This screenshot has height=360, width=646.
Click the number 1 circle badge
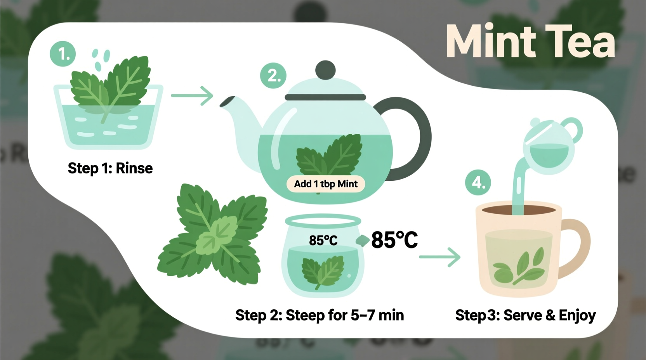point(63,54)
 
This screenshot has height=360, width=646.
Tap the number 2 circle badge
point(273,75)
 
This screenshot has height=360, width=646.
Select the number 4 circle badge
point(478,182)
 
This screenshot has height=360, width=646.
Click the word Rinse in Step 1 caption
point(134,168)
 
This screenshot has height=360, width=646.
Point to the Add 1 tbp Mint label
point(326,184)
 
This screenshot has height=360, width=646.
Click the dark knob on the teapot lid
point(325,70)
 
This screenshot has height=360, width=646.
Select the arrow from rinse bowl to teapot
point(192,95)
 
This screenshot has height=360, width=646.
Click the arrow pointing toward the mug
point(440,257)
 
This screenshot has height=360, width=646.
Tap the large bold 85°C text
point(394,240)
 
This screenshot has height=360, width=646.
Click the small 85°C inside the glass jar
point(323,241)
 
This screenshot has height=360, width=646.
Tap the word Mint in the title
point(491,42)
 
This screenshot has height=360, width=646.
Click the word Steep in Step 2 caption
point(305,315)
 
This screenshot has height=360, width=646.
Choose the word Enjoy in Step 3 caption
point(577,315)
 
